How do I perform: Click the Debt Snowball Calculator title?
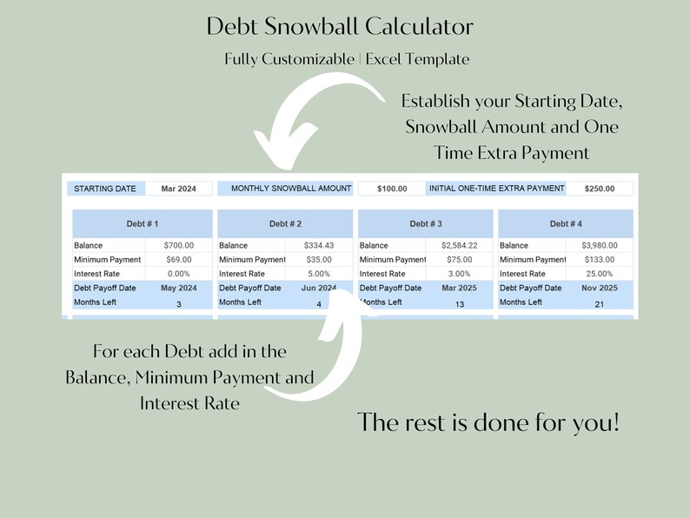coord(340,27)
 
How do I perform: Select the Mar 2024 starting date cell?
coord(179,189)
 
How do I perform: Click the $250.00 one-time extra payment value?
coord(599,189)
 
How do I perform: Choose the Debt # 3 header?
coord(425,224)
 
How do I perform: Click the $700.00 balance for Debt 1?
coord(178,246)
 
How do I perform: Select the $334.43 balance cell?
coord(319,246)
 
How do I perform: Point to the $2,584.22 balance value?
coord(459,246)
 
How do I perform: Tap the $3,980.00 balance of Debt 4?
coord(599,246)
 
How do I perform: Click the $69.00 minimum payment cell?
coord(178,260)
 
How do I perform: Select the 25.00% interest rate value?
coord(599,274)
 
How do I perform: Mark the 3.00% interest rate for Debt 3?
coord(459,274)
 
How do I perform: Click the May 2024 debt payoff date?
coord(178,288)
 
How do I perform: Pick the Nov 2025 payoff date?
coord(599,288)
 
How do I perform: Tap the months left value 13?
coord(460,304)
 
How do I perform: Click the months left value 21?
coord(600,304)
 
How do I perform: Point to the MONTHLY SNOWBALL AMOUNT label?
coord(285,189)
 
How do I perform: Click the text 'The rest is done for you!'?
coord(488,423)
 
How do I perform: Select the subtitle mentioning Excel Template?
coord(347,60)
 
